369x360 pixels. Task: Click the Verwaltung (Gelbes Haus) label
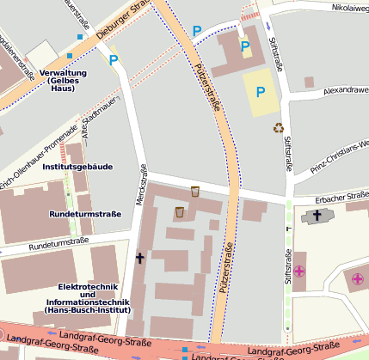click(x=63, y=81)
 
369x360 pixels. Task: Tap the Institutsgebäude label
click(x=77, y=167)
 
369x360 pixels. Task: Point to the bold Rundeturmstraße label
click(x=84, y=212)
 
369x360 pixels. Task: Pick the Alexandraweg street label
click(x=346, y=89)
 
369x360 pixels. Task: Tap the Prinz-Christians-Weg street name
click(x=339, y=151)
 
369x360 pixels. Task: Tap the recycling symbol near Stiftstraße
click(x=279, y=128)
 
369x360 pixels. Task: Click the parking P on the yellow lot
click(x=261, y=92)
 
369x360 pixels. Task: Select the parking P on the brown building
click(x=245, y=46)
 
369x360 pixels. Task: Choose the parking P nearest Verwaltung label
click(x=114, y=59)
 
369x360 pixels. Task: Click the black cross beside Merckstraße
click(x=139, y=258)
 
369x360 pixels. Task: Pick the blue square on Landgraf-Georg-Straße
click(x=184, y=350)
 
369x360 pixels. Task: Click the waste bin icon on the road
click(x=195, y=191)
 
